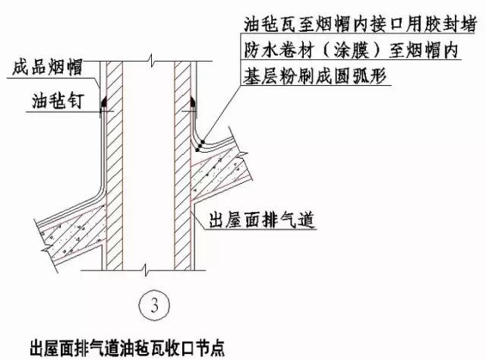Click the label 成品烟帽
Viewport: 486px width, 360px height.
47,67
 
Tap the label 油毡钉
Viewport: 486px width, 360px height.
58,100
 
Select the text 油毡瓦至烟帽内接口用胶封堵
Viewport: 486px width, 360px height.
359,24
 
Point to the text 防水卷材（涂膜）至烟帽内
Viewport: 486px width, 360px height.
351,51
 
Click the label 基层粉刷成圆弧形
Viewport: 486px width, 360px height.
314,76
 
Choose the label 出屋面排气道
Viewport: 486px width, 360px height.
262,219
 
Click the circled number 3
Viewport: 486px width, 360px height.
154,305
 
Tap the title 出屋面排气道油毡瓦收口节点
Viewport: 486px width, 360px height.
127,348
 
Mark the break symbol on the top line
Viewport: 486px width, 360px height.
151,61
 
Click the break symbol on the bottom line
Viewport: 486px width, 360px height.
147,270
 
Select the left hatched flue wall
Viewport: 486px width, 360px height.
115,166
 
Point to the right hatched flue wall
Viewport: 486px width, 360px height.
182,166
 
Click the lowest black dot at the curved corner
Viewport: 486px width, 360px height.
197,150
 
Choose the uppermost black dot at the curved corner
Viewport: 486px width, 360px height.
204,141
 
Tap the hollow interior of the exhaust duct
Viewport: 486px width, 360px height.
149,166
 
